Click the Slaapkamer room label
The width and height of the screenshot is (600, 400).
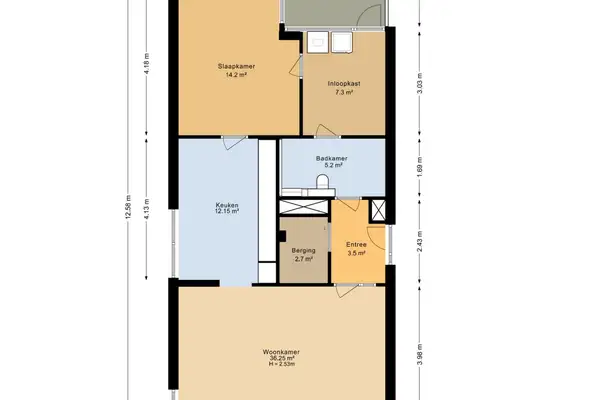click(x=235, y=66)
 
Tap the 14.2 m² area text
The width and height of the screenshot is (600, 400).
click(x=235, y=74)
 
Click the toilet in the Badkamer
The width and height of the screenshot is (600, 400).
click(x=321, y=180)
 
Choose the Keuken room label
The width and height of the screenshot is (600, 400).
click(x=227, y=205)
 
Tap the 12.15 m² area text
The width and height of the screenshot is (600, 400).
click(x=227, y=212)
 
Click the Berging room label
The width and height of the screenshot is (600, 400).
click(x=303, y=250)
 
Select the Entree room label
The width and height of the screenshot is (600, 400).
click(x=356, y=244)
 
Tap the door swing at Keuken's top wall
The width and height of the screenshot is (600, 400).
click(x=230, y=143)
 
